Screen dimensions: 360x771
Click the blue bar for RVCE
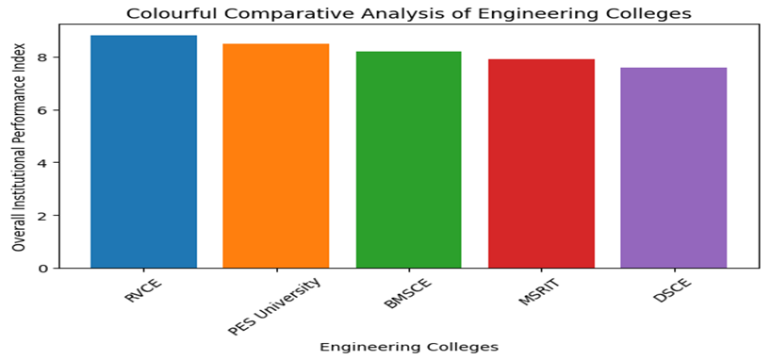click(143, 152)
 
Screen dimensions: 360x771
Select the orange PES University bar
click(276, 156)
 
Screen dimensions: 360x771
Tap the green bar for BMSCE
click(409, 160)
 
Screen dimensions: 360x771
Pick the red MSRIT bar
click(541, 164)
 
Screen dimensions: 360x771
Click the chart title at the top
click(408, 13)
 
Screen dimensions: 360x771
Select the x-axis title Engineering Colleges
click(408, 346)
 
